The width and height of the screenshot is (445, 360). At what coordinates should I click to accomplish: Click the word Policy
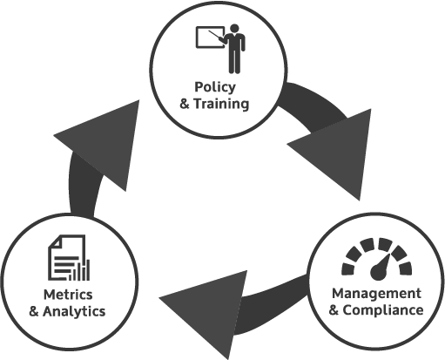tap(215, 87)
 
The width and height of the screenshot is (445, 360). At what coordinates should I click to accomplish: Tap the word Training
tap(221, 104)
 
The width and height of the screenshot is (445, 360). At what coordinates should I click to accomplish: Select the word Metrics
tap(68, 295)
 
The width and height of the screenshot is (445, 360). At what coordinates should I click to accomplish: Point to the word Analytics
tap(74, 311)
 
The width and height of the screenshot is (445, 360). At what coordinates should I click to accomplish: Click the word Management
tap(376, 294)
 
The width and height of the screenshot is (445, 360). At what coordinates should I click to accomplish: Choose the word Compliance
tap(383, 310)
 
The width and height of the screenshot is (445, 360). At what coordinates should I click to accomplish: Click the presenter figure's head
tap(234, 28)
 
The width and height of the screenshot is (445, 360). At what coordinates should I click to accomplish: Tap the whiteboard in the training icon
tap(210, 37)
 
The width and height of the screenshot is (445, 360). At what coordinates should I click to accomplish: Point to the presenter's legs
tap(234, 62)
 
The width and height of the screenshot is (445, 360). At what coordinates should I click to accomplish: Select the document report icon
tap(69, 258)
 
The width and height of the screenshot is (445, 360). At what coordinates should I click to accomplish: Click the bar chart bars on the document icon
tap(79, 271)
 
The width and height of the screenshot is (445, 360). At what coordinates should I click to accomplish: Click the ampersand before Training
tap(185, 104)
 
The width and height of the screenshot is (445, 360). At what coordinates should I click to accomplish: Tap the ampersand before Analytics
tap(34, 311)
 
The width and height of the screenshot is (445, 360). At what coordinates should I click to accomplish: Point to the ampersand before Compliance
tap(334, 310)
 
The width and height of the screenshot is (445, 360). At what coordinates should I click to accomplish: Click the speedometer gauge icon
tap(377, 259)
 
